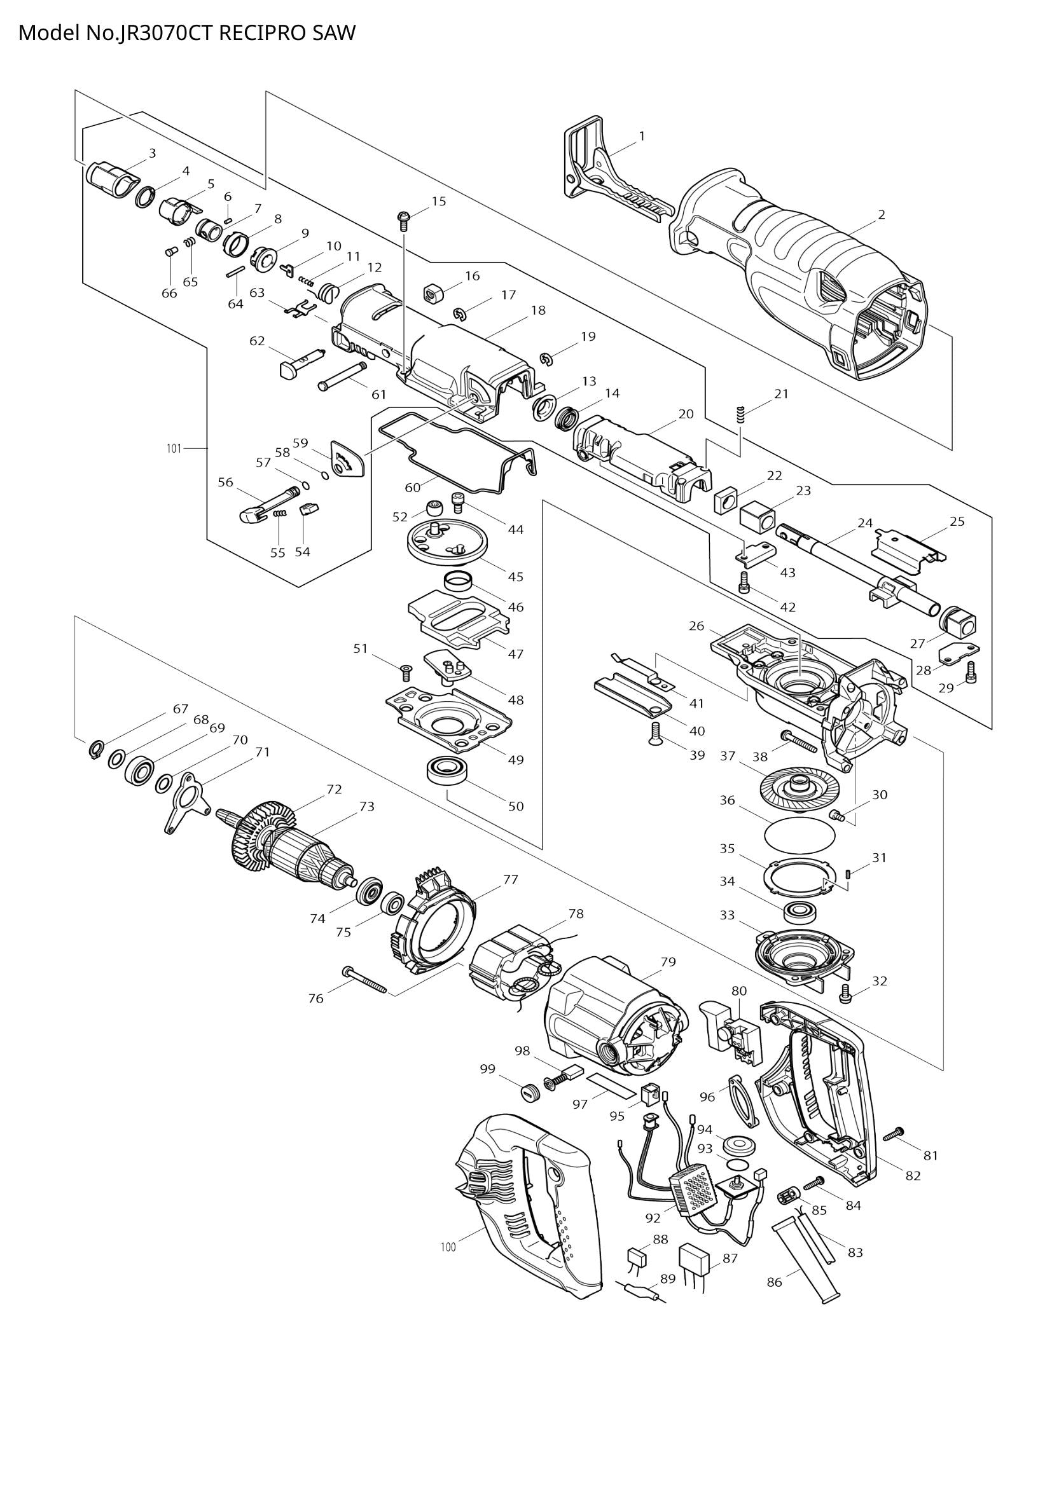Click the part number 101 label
tap(174, 448)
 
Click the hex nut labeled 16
tap(433, 292)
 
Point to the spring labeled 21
tap(742, 413)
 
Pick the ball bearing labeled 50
tap(448, 771)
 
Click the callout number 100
tap(448, 1247)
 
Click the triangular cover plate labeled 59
tap(347, 459)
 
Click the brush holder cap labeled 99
tap(530, 1093)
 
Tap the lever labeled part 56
tap(266, 507)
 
